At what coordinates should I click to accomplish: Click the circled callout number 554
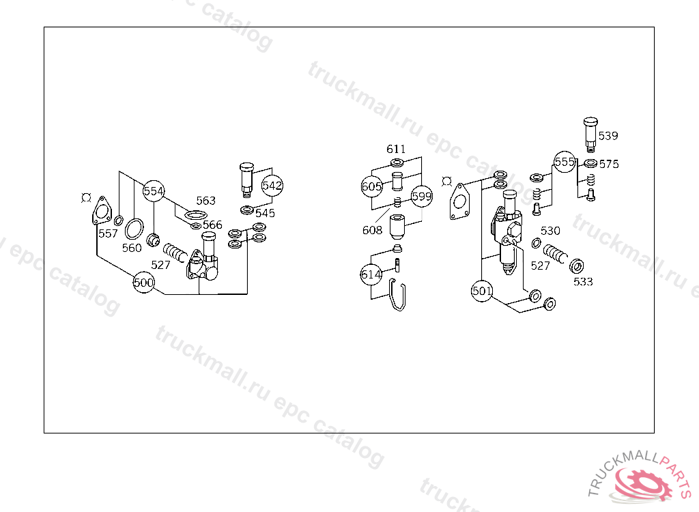(154, 191)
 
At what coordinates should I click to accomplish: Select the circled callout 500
(143, 283)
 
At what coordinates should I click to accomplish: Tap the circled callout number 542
(272, 185)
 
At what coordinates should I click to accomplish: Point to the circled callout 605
(372, 186)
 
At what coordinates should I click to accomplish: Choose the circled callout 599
(421, 196)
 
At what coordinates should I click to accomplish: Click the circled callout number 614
(371, 274)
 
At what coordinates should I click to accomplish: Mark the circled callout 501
(482, 291)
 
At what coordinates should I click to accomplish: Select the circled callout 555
(565, 162)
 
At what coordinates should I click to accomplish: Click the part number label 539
(608, 136)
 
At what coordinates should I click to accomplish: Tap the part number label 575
(609, 164)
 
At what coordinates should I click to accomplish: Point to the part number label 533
(583, 281)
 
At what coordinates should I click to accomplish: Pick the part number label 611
(396, 149)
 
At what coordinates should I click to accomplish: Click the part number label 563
(206, 201)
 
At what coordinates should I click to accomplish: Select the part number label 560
(132, 248)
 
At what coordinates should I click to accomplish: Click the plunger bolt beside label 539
(590, 134)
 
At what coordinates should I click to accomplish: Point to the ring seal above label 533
(577, 266)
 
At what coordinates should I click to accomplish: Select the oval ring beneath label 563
(196, 216)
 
